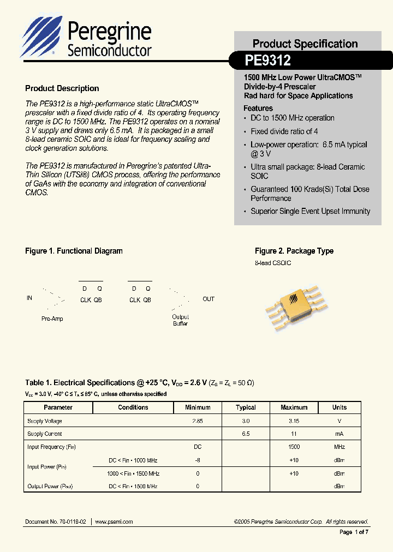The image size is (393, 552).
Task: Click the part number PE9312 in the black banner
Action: click(268, 59)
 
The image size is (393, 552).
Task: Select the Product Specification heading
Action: click(305, 44)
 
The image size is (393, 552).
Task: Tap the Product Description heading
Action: click(62, 88)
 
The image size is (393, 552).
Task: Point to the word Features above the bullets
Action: click(258, 108)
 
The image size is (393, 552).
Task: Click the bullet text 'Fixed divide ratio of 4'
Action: click(284, 131)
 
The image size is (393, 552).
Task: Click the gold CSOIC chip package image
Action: click(294, 304)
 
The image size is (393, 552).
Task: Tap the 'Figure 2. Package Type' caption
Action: click(294, 251)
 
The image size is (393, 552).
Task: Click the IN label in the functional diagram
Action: click(29, 298)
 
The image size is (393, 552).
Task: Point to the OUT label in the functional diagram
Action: click(209, 299)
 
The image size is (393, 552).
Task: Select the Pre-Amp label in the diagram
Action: click(52, 319)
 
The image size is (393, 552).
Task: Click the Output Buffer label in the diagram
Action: click(180, 320)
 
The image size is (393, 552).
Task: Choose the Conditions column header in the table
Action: click(133, 407)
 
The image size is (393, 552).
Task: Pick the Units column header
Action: click(340, 407)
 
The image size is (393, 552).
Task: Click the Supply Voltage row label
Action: click(45, 421)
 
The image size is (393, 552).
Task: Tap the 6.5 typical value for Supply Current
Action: click(246, 434)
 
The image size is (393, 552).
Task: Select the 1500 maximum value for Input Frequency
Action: click(294, 447)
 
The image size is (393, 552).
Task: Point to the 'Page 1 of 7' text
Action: click(354, 532)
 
